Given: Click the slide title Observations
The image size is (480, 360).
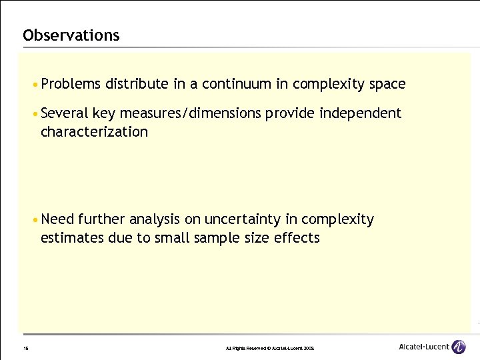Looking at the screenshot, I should click(x=71, y=35).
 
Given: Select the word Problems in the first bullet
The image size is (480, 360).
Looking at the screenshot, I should click(x=70, y=84).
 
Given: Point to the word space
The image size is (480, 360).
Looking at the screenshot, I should click(x=386, y=84).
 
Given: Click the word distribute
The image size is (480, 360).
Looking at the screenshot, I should click(x=137, y=84).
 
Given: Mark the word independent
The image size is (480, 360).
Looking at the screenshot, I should click(x=360, y=113).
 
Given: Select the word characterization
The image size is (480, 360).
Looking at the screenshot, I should click(x=94, y=132).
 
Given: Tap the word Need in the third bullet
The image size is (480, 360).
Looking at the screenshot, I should click(x=57, y=219).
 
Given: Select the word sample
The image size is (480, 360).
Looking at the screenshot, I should click(x=211, y=238).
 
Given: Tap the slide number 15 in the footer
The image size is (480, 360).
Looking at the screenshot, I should click(x=25, y=348).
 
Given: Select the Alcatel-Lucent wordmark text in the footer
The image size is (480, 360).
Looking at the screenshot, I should click(x=423, y=347).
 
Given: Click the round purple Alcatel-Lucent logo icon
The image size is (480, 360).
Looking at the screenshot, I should click(x=459, y=347).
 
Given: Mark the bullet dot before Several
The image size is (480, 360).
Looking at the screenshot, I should click(x=35, y=114).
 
